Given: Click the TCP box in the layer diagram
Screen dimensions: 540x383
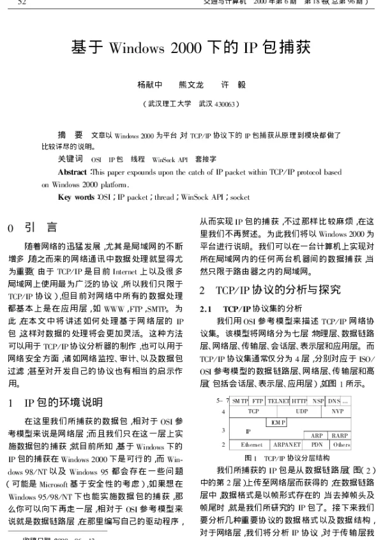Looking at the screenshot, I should pos(253,412).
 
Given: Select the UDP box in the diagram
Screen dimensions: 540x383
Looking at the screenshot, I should pos(301,412).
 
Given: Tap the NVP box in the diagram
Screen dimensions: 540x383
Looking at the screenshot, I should pos(337,412).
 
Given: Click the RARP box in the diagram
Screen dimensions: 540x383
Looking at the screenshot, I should pos(340,435).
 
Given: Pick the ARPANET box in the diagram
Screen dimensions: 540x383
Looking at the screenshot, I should pos(287,444).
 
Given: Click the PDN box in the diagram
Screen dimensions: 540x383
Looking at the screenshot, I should pos(317,444).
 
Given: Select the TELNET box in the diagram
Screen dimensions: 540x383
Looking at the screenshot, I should pos(278,401).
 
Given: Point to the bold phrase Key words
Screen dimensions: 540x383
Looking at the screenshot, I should pos(75,197).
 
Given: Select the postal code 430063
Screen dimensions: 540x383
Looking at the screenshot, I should pos(226,103).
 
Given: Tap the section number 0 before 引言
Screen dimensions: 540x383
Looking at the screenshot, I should pos(11,227).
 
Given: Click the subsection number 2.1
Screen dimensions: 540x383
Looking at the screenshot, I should pos(206,308).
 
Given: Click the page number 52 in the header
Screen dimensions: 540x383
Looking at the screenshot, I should pos(22,3).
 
